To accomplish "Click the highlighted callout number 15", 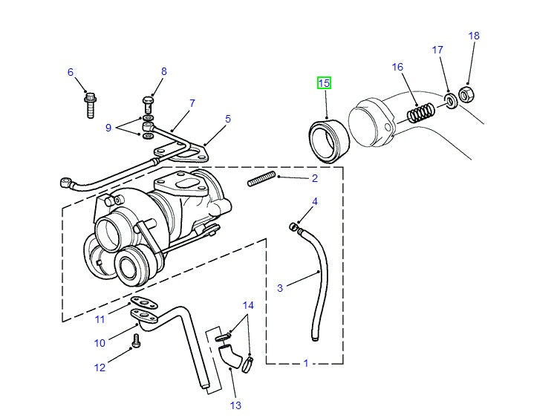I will pyautogui.click(x=325, y=83).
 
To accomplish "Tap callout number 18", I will pyautogui.click(x=475, y=36).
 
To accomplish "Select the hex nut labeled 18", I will pyautogui.click(x=467, y=94).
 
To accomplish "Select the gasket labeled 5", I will pyautogui.click(x=193, y=153).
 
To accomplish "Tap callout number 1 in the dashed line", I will pyautogui.click(x=305, y=364).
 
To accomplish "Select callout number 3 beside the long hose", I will pyautogui.click(x=280, y=288).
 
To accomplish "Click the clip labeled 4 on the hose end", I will pyautogui.click(x=295, y=226).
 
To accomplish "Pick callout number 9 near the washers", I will pyautogui.click(x=108, y=128).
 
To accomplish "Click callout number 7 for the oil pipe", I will pyautogui.click(x=192, y=103).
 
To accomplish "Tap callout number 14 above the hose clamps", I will pyautogui.click(x=248, y=305).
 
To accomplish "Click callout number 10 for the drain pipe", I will pyautogui.click(x=100, y=343).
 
